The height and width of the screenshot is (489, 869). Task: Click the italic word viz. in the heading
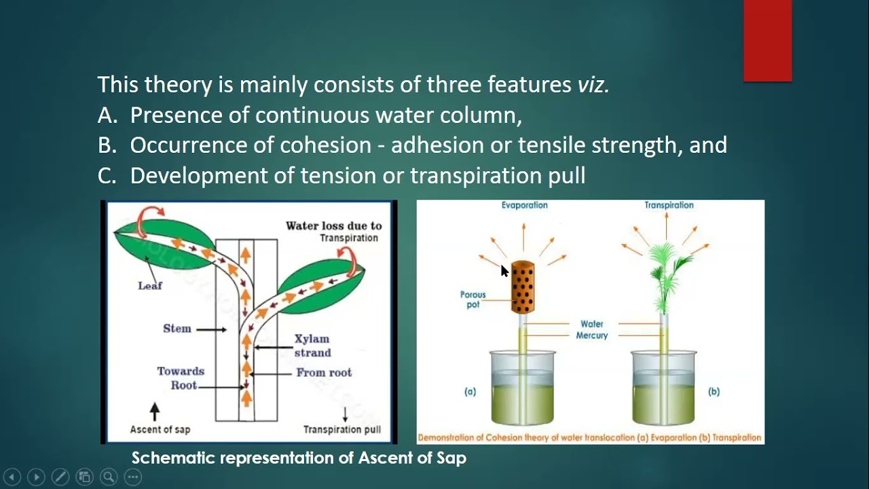(593, 85)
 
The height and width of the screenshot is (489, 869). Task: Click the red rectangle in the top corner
(767, 41)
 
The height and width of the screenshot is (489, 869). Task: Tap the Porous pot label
(473, 300)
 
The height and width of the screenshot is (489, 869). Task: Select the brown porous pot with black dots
(522, 287)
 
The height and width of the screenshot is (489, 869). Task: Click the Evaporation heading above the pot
(524, 205)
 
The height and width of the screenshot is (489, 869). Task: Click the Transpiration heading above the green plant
(669, 205)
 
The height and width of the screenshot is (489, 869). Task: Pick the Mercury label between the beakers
(592, 336)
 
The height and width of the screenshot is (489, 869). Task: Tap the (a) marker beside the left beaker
(470, 392)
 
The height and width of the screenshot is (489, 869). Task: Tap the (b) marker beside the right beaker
(714, 392)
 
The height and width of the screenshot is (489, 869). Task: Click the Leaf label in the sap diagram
(150, 286)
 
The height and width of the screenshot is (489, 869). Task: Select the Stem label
(177, 329)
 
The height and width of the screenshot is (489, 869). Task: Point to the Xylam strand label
(312, 346)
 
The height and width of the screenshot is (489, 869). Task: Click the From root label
(324, 373)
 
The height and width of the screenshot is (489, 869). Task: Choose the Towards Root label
(181, 378)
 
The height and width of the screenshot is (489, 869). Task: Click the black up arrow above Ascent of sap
(155, 411)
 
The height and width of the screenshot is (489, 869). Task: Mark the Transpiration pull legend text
(341, 429)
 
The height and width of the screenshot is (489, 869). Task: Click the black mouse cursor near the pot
(504, 271)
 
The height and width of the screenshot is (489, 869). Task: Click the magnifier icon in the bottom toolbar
(108, 477)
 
